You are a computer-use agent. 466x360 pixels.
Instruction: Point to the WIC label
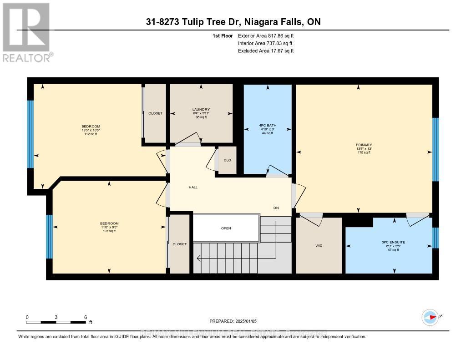(x=319, y=246)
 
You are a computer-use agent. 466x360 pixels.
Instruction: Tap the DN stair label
(x=276, y=208)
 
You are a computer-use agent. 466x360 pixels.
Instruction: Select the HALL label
(x=193, y=187)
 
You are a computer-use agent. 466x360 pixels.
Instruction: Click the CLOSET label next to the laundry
(x=155, y=113)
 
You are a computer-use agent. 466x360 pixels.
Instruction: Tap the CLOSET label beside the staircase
(x=179, y=244)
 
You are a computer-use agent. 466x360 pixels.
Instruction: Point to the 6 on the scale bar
(x=86, y=317)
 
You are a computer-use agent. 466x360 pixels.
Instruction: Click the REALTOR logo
(x=26, y=32)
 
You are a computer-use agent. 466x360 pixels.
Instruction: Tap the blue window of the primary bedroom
(x=435, y=149)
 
